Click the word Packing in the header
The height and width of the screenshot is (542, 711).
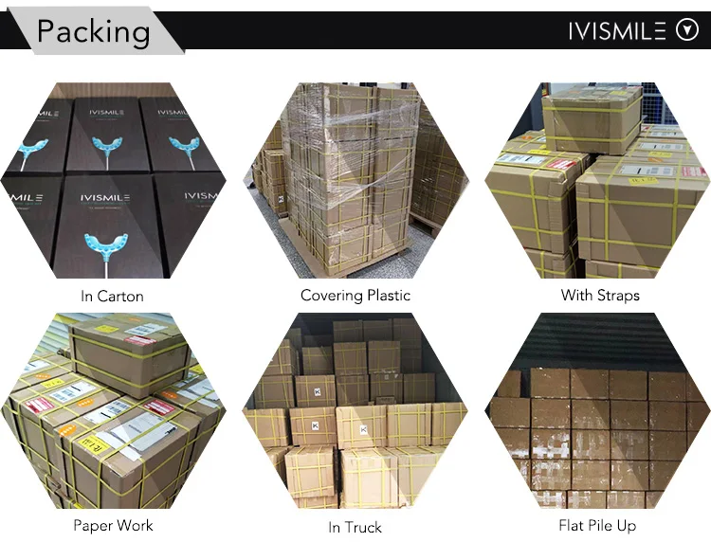pyautogui.click(x=93, y=31)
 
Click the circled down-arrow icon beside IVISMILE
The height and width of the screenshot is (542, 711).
pyautogui.click(x=686, y=31)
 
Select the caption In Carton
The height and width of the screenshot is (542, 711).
pyautogui.click(x=112, y=296)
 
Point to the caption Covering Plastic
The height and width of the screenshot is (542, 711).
pyautogui.click(x=355, y=295)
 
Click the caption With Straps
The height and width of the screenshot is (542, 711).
pyautogui.click(x=600, y=295)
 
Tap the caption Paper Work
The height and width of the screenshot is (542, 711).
pyautogui.click(x=112, y=524)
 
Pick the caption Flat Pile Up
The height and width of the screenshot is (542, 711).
pyautogui.click(x=598, y=524)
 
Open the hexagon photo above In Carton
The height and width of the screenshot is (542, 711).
pyautogui.click(x=112, y=180)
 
